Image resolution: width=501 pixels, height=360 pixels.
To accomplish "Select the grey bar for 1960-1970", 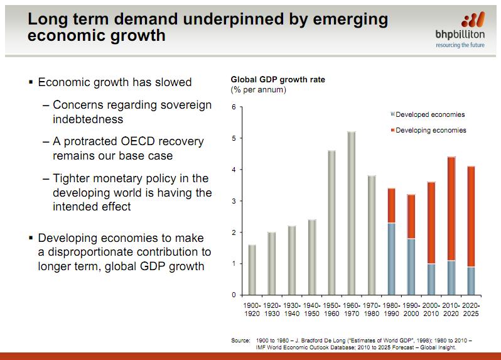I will tap(351, 213).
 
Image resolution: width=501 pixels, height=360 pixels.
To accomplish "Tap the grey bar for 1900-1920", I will tap(252, 270).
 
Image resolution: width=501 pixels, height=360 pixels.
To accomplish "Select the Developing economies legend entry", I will tap(431, 130).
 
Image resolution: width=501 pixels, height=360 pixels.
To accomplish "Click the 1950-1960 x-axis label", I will tap(331, 308).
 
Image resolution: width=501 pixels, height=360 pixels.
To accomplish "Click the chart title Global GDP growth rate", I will tap(277, 80).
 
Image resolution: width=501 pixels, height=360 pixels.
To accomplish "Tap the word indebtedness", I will tap(88, 119).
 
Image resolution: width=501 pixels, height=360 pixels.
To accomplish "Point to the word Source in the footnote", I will tap(240, 341).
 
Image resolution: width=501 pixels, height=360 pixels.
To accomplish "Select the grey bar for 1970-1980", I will tap(371, 235).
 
